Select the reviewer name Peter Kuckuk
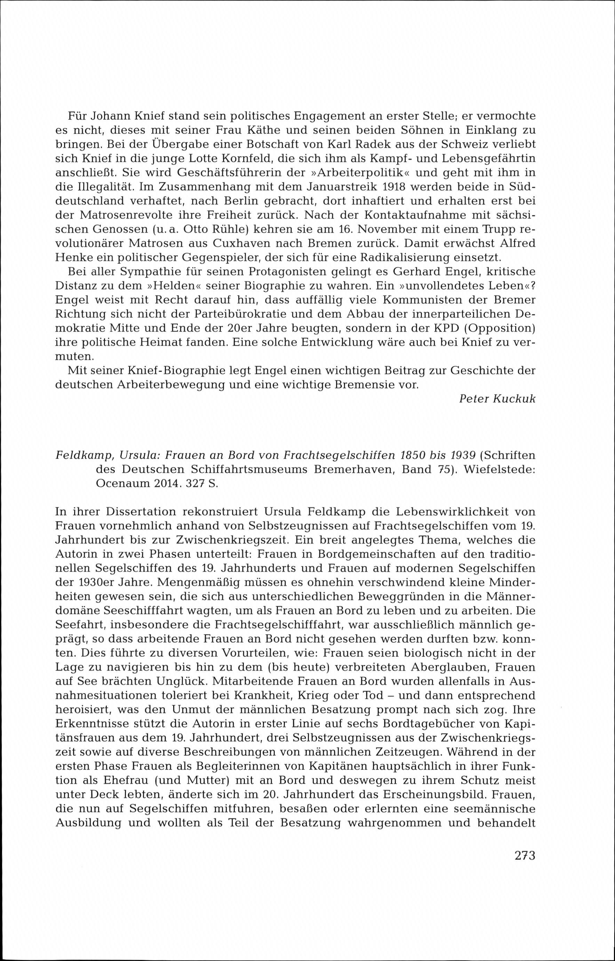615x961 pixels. click(x=497, y=399)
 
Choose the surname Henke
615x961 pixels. click(x=73, y=258)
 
